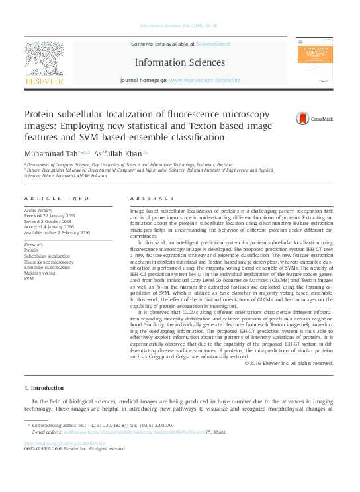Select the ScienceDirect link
point(213,44)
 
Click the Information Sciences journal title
point(179,62)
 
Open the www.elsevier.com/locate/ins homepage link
point(205,80)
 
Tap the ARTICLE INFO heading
point(56,198)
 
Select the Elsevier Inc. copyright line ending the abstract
point(289,363)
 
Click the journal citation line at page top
point(179,26)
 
